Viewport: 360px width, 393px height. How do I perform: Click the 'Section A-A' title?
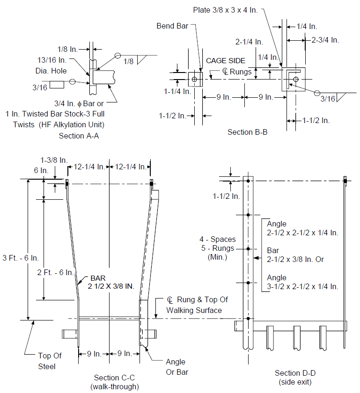(79, 136)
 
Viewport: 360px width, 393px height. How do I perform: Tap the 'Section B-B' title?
(247, 132)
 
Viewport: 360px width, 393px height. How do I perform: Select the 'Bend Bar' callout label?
(172, 26)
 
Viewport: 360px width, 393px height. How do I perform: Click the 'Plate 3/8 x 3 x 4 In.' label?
(225, 10)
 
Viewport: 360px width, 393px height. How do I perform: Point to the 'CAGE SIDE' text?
(226, 61)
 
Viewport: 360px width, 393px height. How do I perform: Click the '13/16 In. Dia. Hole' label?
(51, 65)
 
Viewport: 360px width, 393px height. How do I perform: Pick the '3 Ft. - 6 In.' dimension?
(21, 258)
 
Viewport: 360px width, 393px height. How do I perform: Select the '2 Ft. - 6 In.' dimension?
(55, 272)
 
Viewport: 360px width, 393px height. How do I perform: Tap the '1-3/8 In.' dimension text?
(54, 160)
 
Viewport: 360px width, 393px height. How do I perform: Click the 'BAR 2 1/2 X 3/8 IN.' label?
(110, 282)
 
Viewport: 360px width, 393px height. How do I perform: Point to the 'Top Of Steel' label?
(50, 361)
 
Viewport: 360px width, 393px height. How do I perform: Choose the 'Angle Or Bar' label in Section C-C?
(177, 367)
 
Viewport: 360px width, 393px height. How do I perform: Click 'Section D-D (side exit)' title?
(295, 378)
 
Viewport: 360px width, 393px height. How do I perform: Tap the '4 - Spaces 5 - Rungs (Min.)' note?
(218, 248)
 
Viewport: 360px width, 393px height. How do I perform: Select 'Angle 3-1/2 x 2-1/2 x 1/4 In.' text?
(302, 282)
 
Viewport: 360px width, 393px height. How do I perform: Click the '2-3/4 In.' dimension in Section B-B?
(325, 40)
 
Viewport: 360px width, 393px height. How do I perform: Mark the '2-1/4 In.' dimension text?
(249, 42)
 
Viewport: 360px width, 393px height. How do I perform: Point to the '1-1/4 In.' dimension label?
(177, 92)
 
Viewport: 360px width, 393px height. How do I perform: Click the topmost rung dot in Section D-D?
(248, 181)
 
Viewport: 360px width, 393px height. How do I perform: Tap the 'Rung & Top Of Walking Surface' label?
(197, 305)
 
